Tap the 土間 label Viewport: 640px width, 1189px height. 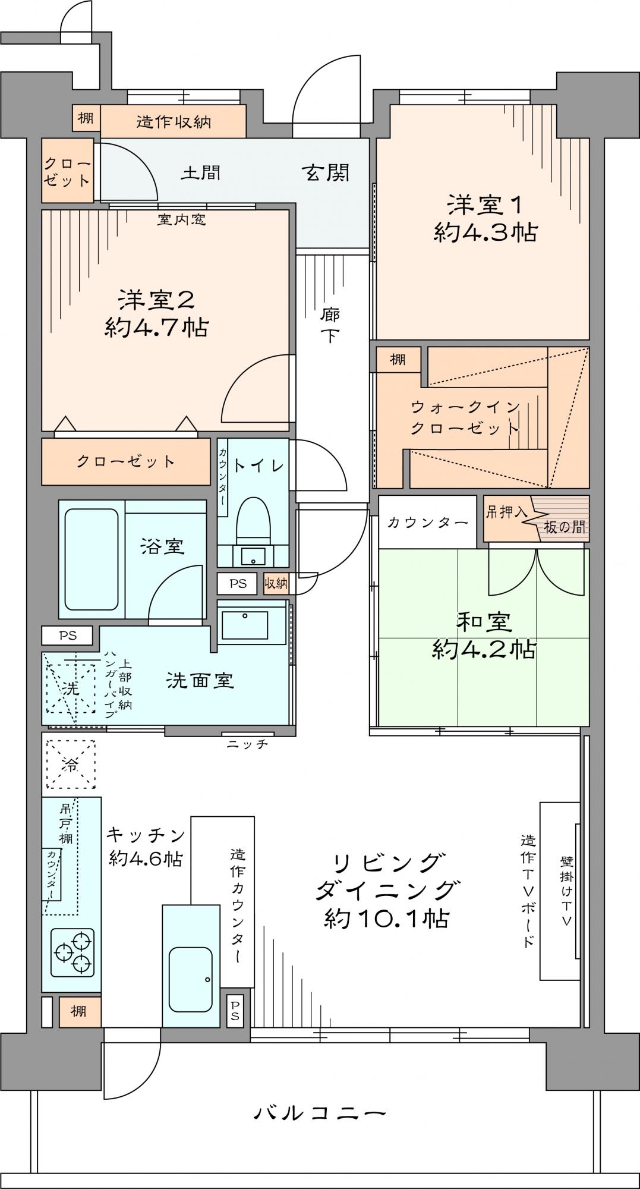pyautogui.click(x=201, y=173)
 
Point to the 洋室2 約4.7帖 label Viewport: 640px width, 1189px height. pyautogui.click(x=156, y=313)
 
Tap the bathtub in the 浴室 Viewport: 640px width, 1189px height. pyautogui.click(x=91, y=559)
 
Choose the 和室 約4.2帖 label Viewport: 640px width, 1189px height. pyautogui.click(x=484, y=636)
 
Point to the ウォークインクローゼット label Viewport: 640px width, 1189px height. pyautogui.click(x=465, y=418)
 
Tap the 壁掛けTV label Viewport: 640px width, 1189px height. pyautogui.click(x=566, y=891)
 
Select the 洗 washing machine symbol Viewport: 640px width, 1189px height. pyautogui.click(x=71, y=687)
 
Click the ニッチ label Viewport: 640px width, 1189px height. pyautogui.click(x=248, y=744)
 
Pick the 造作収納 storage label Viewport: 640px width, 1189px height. pyautogui.click(x=174, y=122)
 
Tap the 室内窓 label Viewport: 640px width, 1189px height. pyautogui.click(x=182, y=220)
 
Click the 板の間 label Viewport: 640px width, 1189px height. pyautogui.click(x=563, y=527)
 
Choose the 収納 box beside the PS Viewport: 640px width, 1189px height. pyautogui.click(x=276, y=584)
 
